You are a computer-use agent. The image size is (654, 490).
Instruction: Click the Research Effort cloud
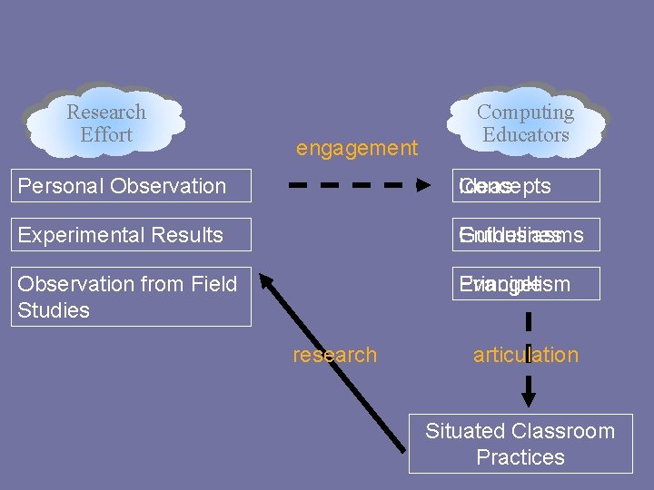(x=105, y=123)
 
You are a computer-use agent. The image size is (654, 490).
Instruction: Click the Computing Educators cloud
(x=526, y=123)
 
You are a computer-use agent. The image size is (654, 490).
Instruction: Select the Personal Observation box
(x=134, y=186)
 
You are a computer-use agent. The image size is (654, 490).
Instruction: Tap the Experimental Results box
(x=134, y=235)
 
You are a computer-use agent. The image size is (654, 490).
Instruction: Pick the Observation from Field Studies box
(x=134, y=297)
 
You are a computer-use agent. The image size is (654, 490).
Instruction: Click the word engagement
(x=357, y=148)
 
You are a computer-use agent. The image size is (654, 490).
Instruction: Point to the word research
(x=334, y=355)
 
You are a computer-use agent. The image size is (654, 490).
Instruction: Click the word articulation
(x=525, y=355)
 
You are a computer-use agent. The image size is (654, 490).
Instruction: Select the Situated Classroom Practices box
(x=520, y=444)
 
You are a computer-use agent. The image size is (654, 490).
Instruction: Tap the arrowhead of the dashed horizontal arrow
(x=423, y=186)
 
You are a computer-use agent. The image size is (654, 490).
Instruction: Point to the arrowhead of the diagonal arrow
(x=263, y=281)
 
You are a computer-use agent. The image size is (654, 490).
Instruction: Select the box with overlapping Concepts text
(x=528, y=186)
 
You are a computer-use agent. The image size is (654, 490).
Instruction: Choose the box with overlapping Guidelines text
(x=528, y=235)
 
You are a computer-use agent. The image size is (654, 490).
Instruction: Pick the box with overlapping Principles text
(x=528, y=284)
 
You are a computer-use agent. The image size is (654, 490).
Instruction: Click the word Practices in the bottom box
(x=520, y=457)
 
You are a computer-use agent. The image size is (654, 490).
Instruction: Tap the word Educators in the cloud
(x=526, y=135)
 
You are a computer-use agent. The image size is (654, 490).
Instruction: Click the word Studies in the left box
(x=54, y=310)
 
